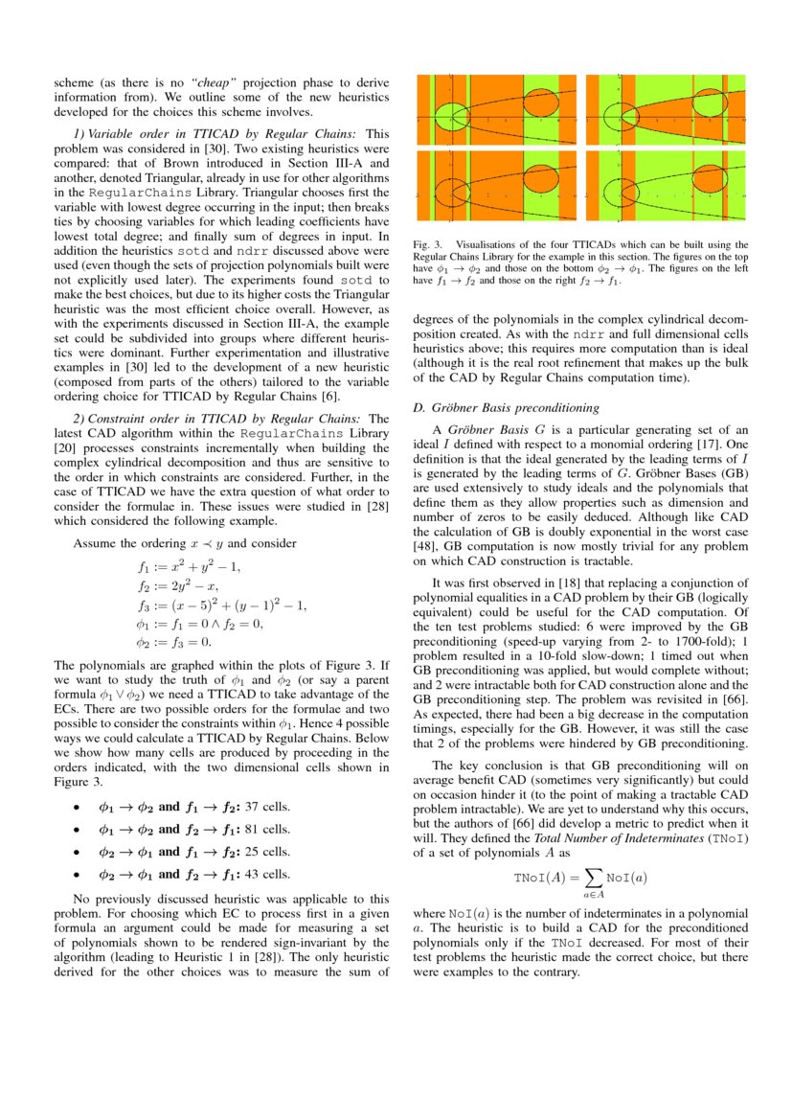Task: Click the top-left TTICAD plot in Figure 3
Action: (x=496, y=109)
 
